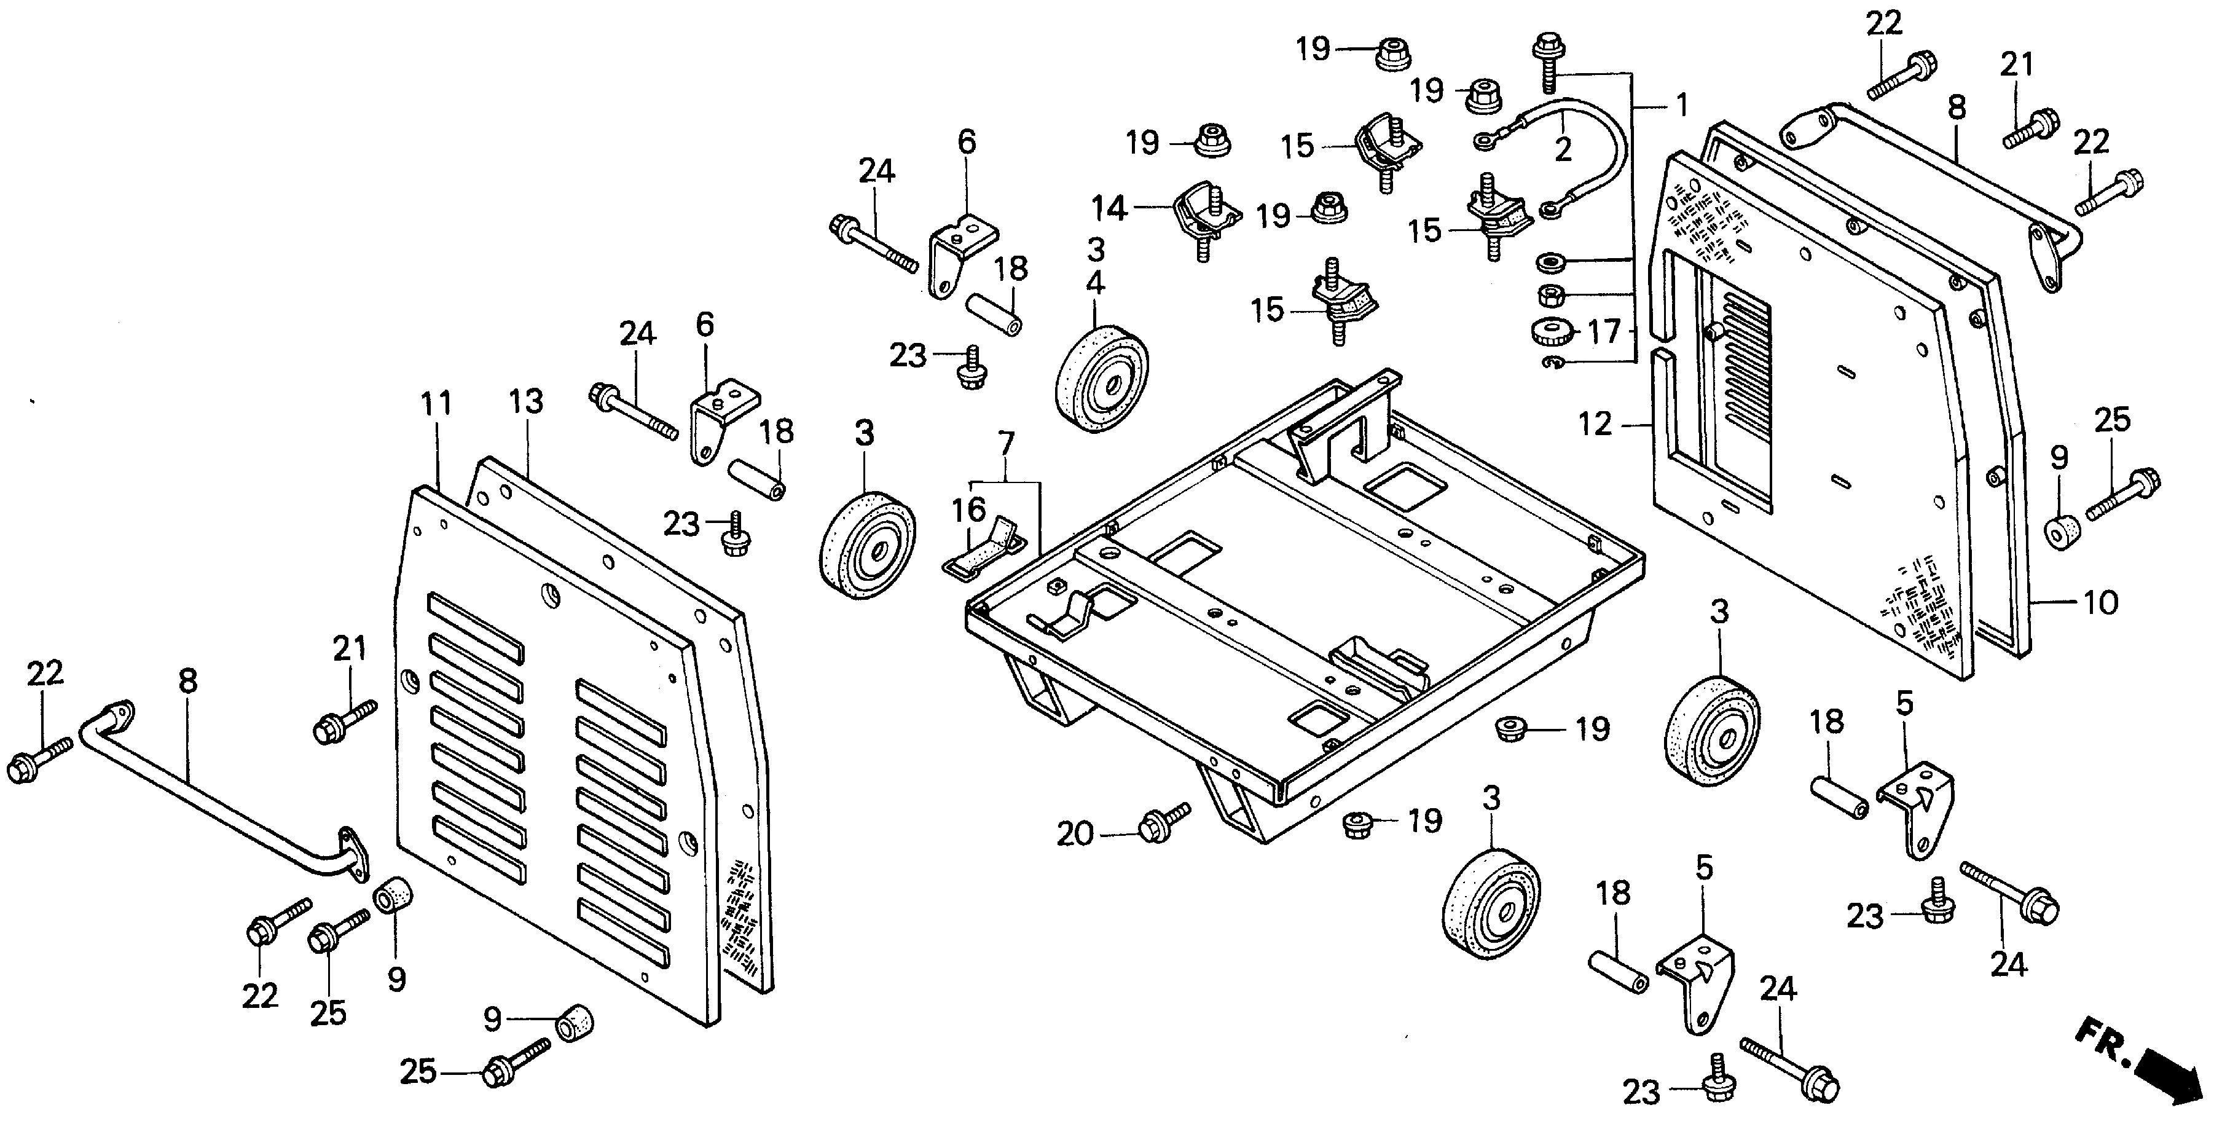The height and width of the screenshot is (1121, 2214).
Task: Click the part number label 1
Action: pyautogui.click(x=1681, y=105)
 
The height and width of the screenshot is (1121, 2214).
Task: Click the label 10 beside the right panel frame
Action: pyautogui.click(x=2100, y=603)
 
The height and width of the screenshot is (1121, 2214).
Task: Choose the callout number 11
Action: pyautogui.click(x=437, y=403)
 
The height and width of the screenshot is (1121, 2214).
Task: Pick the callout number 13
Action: pyautogui.click(x=526, y=401)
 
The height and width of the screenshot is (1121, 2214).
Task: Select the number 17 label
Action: pyautogui.click(x=1604, y=331)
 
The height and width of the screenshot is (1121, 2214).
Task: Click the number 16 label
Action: pyautogui.click(x=968, y=509)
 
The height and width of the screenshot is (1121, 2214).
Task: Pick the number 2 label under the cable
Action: pyautogui.click(x=1563, y=149)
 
